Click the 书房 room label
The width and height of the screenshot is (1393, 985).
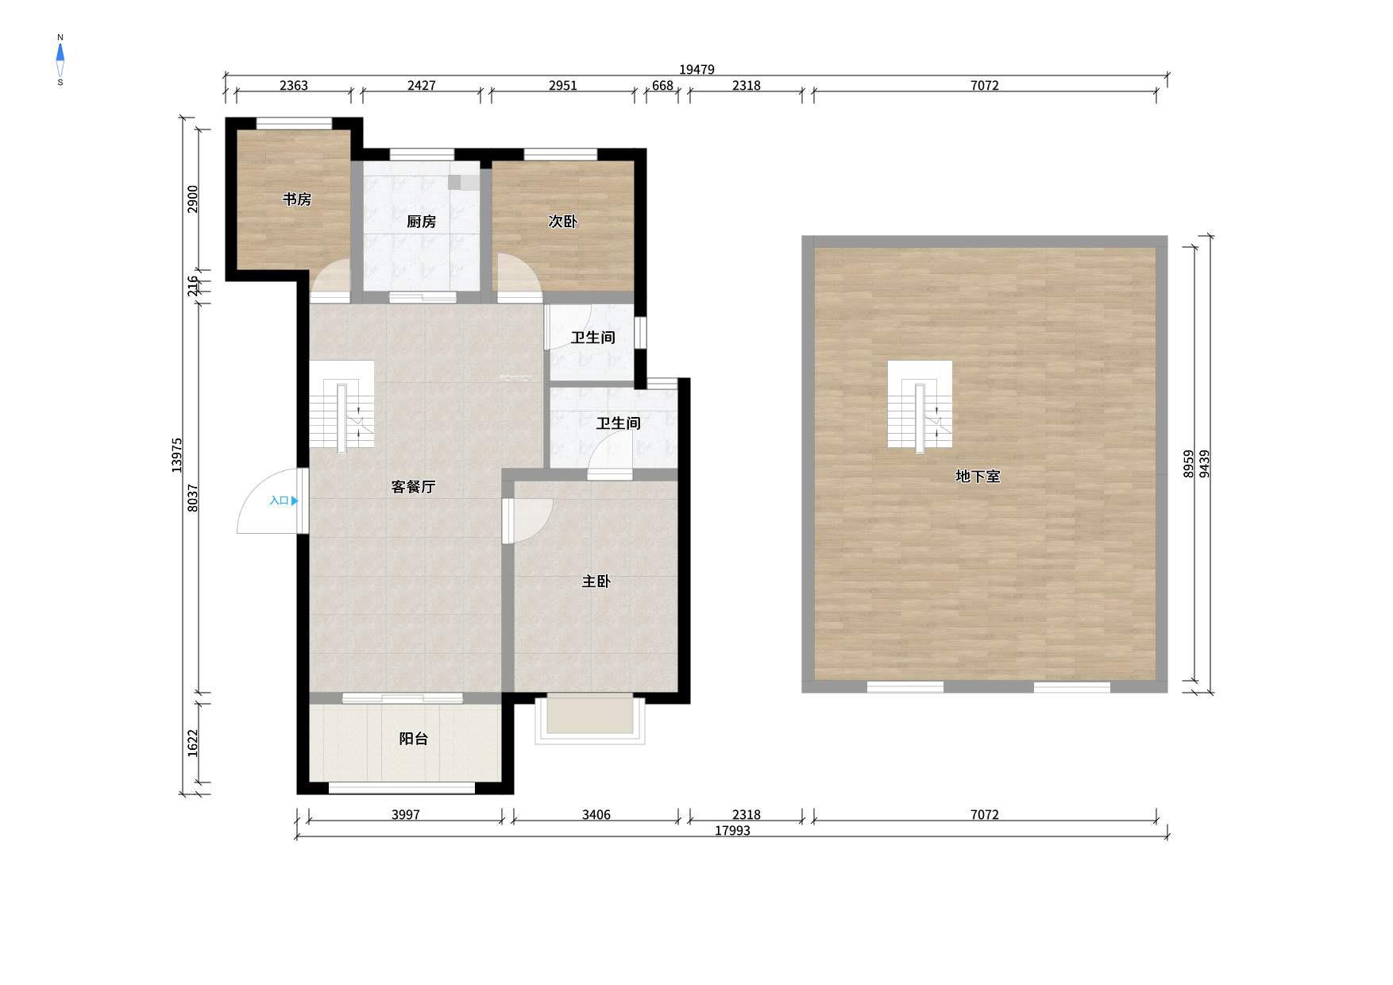[297, 199]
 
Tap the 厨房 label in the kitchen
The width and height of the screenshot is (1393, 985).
[421, 222]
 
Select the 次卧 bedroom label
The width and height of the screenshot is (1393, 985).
[562, 222]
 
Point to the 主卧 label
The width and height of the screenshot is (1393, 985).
[596, 582]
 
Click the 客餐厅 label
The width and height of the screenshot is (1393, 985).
[413, 487]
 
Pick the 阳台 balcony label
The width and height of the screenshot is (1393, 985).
[413, 739]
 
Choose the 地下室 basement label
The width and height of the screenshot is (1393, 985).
[978, 477]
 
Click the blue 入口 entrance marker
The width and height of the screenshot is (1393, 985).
[284, 501]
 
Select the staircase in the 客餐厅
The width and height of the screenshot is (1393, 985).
[341, 407]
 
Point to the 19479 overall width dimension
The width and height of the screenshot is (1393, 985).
[696, 70]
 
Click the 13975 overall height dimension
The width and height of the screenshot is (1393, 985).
[177, 455]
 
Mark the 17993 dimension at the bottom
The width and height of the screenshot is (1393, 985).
[732, 831]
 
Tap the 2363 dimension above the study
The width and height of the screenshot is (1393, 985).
[294, 86]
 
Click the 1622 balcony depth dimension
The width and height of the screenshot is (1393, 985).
[193, 743]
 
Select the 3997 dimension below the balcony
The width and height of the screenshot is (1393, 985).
[406, 815]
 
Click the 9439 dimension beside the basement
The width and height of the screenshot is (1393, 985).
[1205, 464]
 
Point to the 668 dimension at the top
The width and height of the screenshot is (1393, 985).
[662, 86]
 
